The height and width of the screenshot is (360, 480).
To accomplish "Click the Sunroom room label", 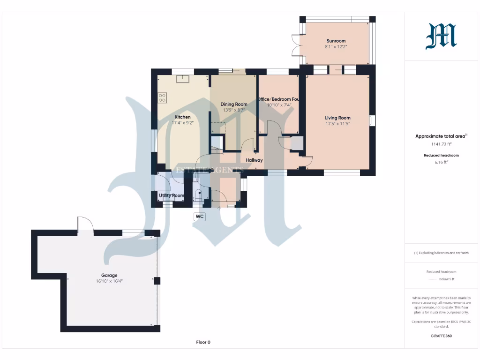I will pyautogui.click(x=336, y=41).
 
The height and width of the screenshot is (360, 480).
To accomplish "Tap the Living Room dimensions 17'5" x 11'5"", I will pyautogui.click(x=338, y=124).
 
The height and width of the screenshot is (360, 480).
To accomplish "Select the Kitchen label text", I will pyautogui.click(x=182, y=117).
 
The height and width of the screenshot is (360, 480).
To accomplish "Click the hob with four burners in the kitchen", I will pyautogui.click(x=163, y=97).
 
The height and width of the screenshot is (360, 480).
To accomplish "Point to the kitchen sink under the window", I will pyautogui.click(x=182, y=78).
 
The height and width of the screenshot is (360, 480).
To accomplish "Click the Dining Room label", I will pyautogui.click(x=234, y=104).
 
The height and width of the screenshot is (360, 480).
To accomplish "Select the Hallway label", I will pyautogui.click(x=255, y=160).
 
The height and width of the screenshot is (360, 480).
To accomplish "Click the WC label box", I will pyautogui.click(x=199, y=217).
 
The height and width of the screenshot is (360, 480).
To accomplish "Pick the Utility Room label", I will pyautogui.click(x=171, y=195).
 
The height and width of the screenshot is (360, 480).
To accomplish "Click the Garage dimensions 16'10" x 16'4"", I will pyautogui.click(x=109, y=281).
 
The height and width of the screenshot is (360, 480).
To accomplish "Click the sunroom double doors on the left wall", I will pyautogui.click(x=295, y=46).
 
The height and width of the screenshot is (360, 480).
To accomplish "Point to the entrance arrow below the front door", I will pyautogui.click(x=219, y=209).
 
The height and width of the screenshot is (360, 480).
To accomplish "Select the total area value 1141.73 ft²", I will pyautogui.click(x=441, y=144).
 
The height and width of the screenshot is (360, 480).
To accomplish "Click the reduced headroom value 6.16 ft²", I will pyautogui.click(x=441, y=162).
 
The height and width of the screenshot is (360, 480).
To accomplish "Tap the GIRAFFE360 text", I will pyautogui.click(x=441, y=336).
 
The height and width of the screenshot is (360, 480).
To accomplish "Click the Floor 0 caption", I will pyautogui.click(x=203, y=342).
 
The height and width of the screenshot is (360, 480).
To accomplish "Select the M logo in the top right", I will pyautogui.click(x=441, y=37).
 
